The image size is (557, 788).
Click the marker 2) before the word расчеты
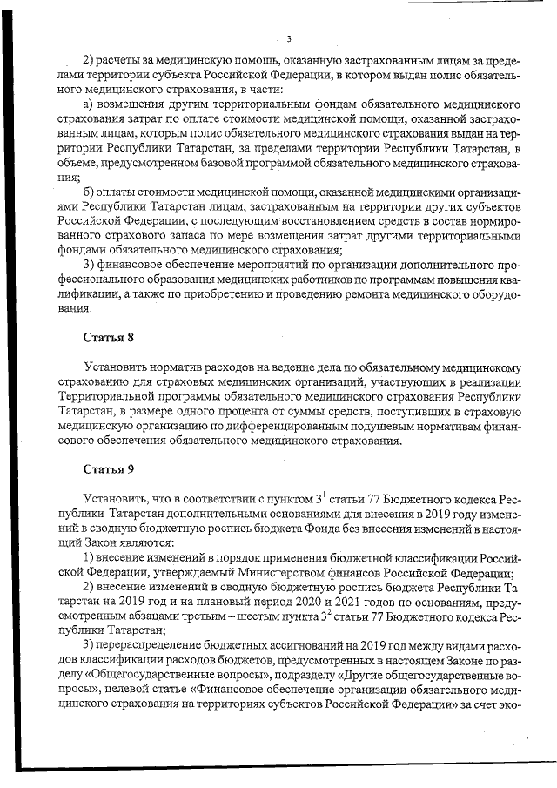89,59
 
